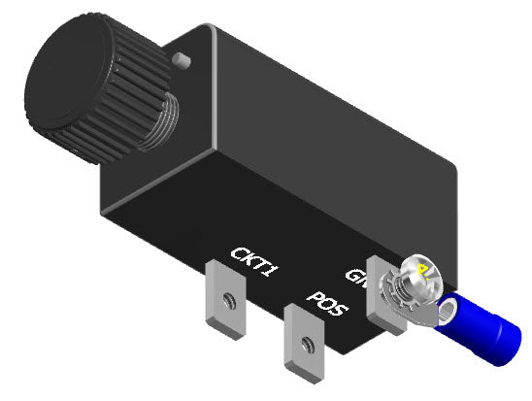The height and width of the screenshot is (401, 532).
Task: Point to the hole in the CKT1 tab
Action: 229,298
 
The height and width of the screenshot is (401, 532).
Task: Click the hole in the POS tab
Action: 307,341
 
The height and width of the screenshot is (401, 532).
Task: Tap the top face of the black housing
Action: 320,107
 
